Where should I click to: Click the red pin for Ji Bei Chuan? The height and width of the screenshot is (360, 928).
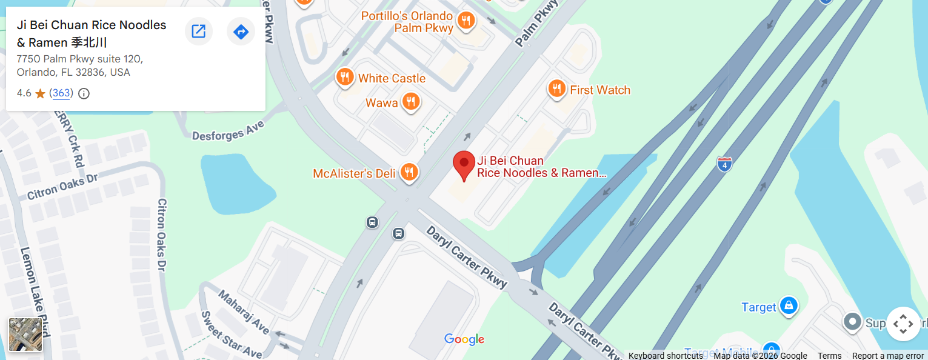[464, 164]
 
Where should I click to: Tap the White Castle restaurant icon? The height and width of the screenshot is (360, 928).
[344, 78]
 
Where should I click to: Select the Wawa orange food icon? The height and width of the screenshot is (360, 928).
[411, 102]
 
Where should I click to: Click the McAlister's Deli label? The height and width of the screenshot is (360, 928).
[354, 173]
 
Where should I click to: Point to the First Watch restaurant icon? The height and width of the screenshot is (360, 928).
[556, 90]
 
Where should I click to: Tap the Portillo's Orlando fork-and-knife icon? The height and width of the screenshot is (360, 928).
[466, 21]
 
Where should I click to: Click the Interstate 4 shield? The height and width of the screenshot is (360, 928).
[724, 164]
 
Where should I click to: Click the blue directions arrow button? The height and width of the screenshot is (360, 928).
[241, 32]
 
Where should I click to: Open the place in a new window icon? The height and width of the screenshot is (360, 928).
[198, 32]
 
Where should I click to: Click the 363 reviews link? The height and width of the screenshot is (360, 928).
[61, 93]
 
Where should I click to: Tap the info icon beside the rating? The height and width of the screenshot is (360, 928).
[84, 93]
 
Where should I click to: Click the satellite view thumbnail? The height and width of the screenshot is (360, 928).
[25, 335]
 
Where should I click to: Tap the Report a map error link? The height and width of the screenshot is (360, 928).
[887, 356]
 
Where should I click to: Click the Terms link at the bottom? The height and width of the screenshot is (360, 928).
[829, 356]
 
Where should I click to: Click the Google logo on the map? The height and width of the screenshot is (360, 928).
[464, 339]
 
